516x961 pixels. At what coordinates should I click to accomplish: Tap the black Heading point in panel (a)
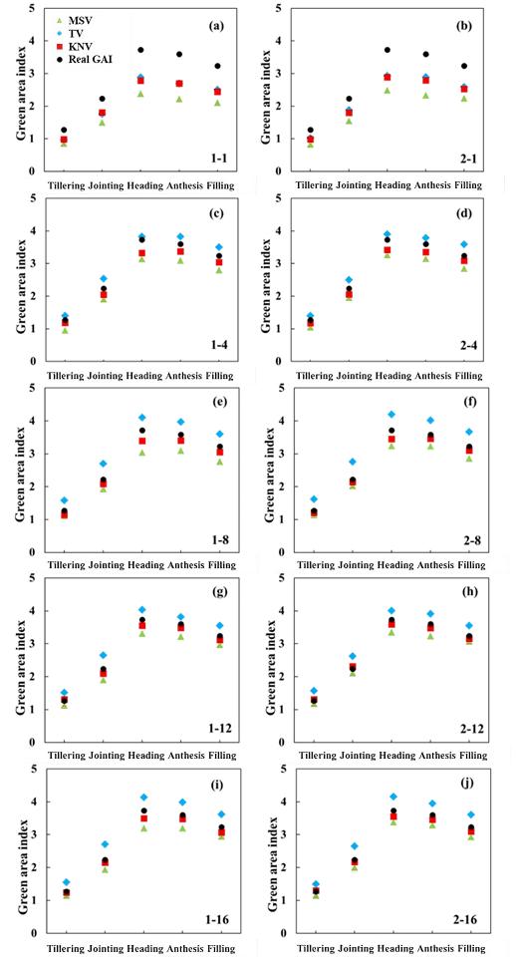pyautogui.click(x=140, y=50)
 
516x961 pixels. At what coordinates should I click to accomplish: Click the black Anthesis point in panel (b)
pyautogui.click(x=425, y=54)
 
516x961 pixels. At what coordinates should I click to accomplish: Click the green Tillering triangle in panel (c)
pyautogui.click(x=65, y=331)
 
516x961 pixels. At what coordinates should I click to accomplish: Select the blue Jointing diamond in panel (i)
pyautogui.click(x=105, y=844)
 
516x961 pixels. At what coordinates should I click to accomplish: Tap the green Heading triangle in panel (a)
pyautogui.click(x=140, y=94)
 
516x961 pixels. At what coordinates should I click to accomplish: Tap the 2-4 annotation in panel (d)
pyautogui.click(x=466, y=346)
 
